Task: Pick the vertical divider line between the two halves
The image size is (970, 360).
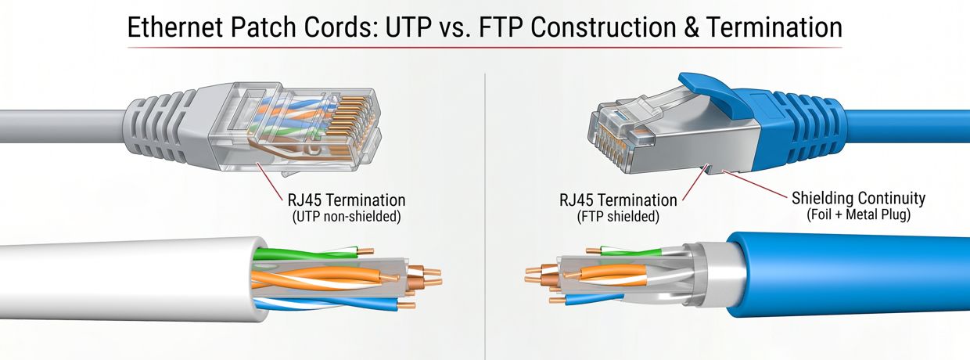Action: point(485,196)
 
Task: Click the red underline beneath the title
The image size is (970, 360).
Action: point(485,48)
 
